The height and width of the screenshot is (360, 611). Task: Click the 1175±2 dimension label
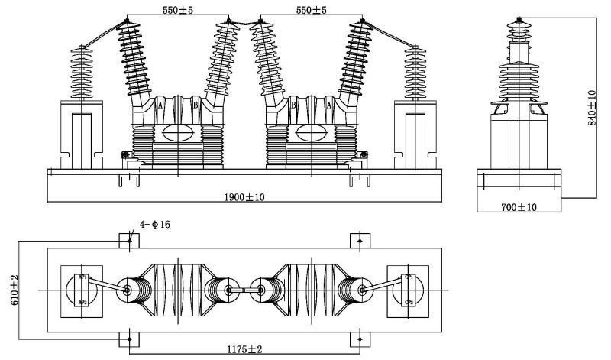coord(244,349)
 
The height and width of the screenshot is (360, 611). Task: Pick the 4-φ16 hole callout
coord(154,225)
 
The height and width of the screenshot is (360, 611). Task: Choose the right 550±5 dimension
coord(312,11)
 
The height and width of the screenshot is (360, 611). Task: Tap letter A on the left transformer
coord(160,106)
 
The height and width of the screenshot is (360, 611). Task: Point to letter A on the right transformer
coord(329,106)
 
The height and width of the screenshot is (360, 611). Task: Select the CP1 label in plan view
coord(408,277)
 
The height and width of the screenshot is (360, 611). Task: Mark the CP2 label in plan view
coord(408,303)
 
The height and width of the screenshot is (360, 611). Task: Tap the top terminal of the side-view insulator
coord(519,19)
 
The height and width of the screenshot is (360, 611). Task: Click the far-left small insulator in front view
coord(80,73)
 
